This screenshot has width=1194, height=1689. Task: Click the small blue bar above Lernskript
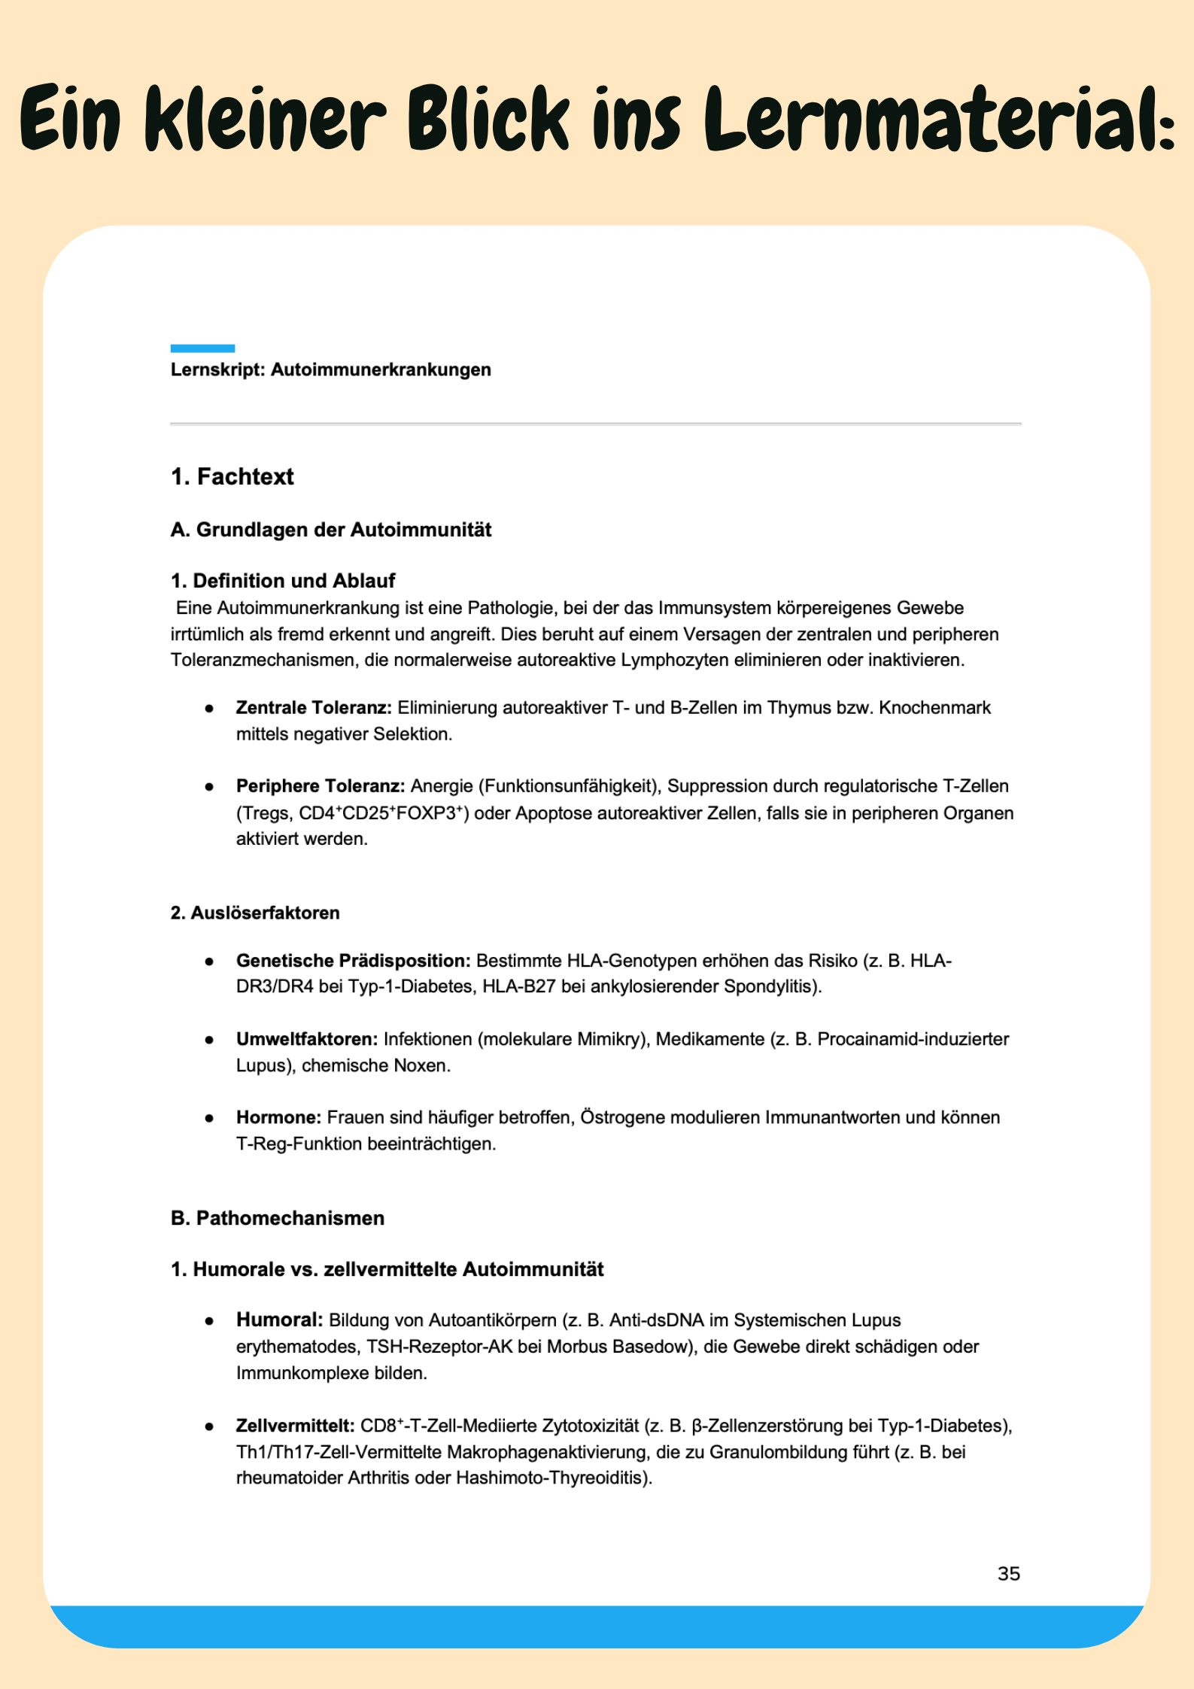tap(202, 348)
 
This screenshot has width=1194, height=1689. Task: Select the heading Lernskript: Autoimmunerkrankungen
tap(330, 369)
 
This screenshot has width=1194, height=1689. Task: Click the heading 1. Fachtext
tap(232, 476)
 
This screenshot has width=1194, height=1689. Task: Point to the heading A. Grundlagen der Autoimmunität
tap(330, 530)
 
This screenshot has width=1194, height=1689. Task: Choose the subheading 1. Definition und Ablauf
tap(282, 580)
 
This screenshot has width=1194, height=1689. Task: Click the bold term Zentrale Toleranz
tap(313, 707)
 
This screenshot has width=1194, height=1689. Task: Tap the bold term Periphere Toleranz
tap(320, 785)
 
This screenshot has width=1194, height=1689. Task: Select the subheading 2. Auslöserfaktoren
tap(254, 913)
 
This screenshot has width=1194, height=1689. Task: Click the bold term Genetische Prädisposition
tap(353, 961)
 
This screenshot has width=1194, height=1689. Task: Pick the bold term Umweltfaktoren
tap(306, 1039)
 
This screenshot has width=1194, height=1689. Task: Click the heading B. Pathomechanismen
tap(277, 1218)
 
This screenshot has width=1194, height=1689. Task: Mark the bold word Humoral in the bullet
tap(279, 1320)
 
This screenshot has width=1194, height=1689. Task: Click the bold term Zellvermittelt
tap(295, 1426)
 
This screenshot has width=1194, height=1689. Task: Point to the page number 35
tap(1008, 1573)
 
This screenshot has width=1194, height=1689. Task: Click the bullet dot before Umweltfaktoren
tap(209, 1040)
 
